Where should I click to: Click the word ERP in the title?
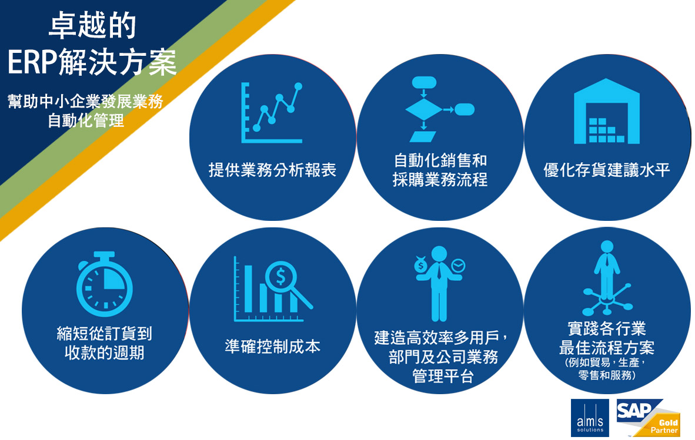coord(32,62)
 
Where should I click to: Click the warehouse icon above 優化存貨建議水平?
coord(606,111)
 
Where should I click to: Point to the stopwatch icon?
coord(105,284)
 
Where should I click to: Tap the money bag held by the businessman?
coord(420,264)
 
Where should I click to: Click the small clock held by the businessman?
coord(458,265)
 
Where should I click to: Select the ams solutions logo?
coord(590,418)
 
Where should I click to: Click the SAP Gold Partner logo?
coord(648,418)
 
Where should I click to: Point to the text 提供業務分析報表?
coord(273,170)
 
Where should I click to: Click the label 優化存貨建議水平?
coord(607,170)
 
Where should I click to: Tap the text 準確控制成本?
coord(273,346)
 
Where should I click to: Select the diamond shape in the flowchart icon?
coord(424,109)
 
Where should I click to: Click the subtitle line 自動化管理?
coord(86,120)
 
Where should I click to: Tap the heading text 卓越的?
coord(92,25)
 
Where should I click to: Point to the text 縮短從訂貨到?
coord(105,333)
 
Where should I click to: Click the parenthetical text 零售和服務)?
coord(607,375)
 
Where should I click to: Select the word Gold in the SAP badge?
coord(669,423)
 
